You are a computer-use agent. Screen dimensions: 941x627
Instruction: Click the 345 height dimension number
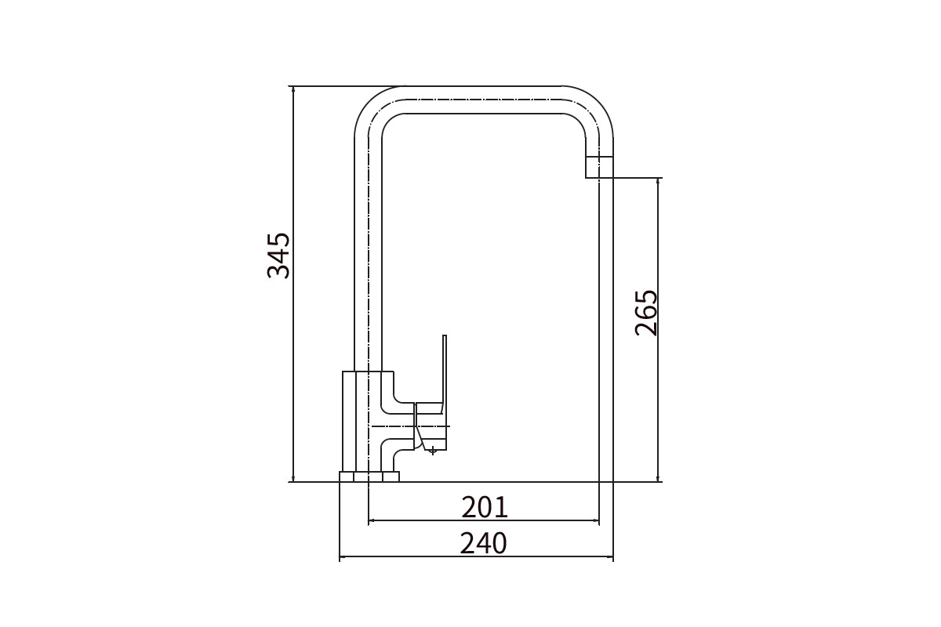coord(278,256)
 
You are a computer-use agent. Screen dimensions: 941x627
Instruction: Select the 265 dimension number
coord(645,313)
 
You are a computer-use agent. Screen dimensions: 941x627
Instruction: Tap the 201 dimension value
coord(485,507)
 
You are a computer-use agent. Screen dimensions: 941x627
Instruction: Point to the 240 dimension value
coord(484,543)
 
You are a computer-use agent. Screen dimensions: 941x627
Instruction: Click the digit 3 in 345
coord(278,272)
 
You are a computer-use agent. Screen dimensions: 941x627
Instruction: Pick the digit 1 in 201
coord(503,507)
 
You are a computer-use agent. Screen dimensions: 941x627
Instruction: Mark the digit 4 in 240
coord(484,543)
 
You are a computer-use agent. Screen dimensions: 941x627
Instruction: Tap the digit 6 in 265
coord(645,313)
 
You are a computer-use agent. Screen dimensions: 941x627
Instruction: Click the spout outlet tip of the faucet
coord(599,168)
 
